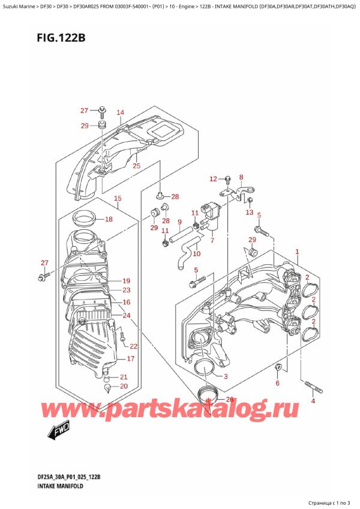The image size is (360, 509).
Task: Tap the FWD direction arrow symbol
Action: [x=58, y=429]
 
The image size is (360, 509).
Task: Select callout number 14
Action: [x=120, y=112]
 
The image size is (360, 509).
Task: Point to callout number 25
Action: [x=136, y=166]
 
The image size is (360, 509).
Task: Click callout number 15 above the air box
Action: [x=118, y=199]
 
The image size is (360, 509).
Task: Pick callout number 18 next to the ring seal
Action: [x=108, y=219]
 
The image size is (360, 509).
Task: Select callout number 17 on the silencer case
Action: [x=130, y=359]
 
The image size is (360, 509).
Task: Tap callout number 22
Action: [x=133, y=346]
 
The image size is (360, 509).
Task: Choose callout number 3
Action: [x=226, y=376]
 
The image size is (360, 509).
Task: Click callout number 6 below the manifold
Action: [x=277, y=383]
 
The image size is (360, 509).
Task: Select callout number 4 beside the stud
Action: [x=312, y=402]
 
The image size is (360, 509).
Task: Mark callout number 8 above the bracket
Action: [x=241, y=177]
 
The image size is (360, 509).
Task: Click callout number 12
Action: [x=212, y=179]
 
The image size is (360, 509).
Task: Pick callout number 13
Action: [x=250, y=212]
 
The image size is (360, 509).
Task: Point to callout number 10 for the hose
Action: [x=196, y=254]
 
